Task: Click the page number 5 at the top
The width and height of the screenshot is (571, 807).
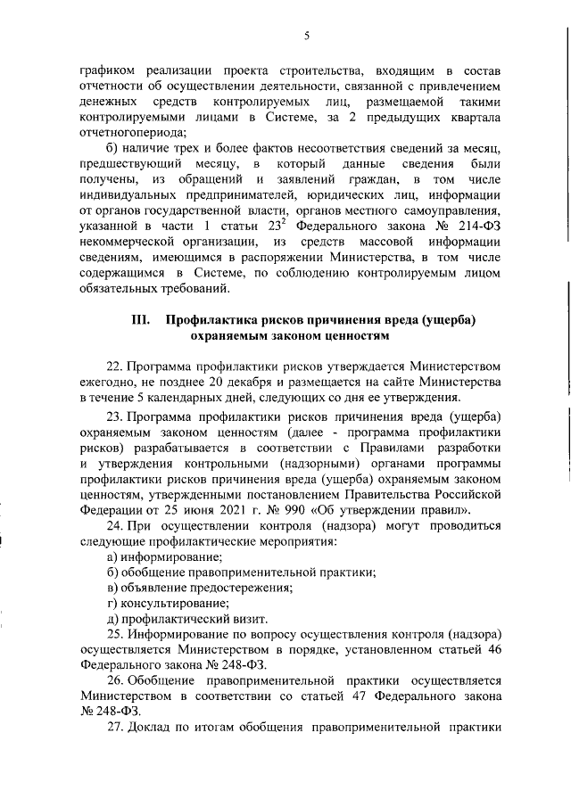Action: click(x=306, y=35)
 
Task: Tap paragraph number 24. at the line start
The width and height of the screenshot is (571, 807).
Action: click(x=116, y=526)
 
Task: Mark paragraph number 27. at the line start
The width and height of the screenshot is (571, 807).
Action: click(x=116, y=749)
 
